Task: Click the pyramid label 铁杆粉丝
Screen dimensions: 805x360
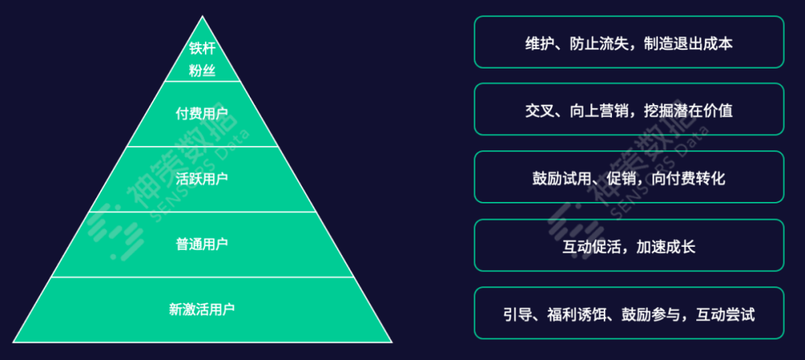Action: (x=202, y=60)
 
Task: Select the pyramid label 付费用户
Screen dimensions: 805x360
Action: (x=202, y=114)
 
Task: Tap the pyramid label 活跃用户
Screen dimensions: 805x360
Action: (x=202, y=179)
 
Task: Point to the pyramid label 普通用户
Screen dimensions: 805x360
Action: (x=202, y=244)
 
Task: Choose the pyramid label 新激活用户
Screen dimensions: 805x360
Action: (x=202, y=308)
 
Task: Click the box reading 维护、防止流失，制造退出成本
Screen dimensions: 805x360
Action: (x=629, y=42)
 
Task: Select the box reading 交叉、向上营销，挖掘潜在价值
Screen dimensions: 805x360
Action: (x=629, y=110)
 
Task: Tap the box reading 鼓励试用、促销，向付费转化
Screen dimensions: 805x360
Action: (x=629, y=178)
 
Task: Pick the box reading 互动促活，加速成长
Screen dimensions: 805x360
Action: (x=629, y=246)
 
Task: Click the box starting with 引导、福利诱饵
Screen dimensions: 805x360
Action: (x=629, y=314)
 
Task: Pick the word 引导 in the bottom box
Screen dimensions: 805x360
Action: (x=518, y=315)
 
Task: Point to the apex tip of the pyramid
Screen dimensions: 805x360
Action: (x=202, y=16)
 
